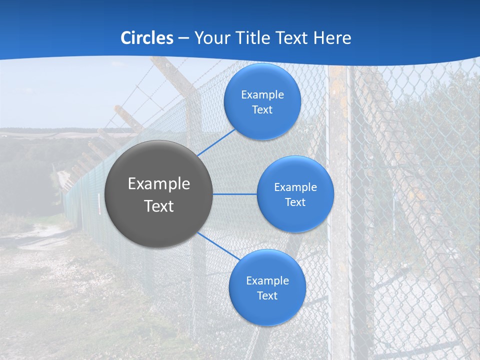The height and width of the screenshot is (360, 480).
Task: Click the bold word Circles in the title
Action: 147,38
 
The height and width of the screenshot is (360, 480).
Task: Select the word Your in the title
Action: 210,38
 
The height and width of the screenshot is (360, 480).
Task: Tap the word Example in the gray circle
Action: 159,184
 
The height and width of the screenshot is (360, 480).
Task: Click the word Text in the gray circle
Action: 159,206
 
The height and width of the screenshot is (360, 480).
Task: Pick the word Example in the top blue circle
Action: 262,94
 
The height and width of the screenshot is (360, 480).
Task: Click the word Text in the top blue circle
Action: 262,109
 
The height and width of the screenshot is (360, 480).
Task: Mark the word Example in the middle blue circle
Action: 295,187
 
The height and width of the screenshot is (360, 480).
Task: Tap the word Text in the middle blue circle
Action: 295,202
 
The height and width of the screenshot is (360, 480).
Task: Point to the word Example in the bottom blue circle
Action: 267,280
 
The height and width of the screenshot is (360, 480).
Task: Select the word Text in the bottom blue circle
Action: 267,295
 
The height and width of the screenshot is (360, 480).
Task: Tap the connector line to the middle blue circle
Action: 235,194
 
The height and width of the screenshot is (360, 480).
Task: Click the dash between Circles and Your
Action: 183,38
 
